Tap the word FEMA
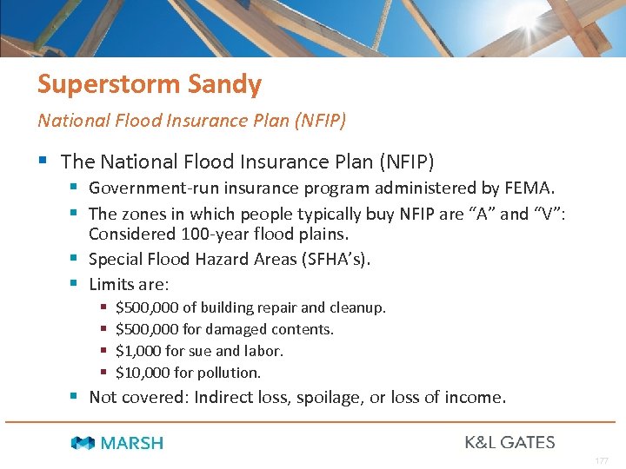(x=531, y=187)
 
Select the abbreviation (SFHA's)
(x=327, y=260)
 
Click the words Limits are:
(x=129, y=284)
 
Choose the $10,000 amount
(x=143, y=373)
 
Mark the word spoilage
(x=361, y=398)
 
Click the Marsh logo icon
(x=83, y=443)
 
